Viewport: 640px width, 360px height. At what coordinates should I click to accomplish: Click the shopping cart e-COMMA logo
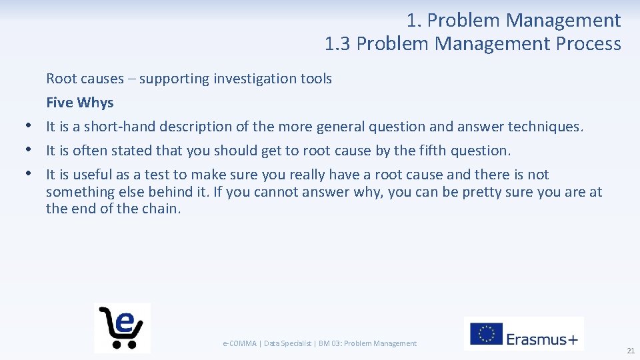pyautogui.click(x=122, y=327)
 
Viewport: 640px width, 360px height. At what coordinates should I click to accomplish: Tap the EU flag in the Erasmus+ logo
pyautogui.click(x=487, y=334)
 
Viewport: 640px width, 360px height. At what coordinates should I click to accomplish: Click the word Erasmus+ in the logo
pyautogui.click(x=542, y=339)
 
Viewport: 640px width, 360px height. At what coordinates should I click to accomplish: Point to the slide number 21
pyautogui.click(x=630, y=351)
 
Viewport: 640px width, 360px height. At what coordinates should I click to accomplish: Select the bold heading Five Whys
pyautogui.click(x=80, y=103)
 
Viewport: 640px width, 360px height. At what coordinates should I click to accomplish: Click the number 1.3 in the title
pyautogui.click(x=338, y=44)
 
